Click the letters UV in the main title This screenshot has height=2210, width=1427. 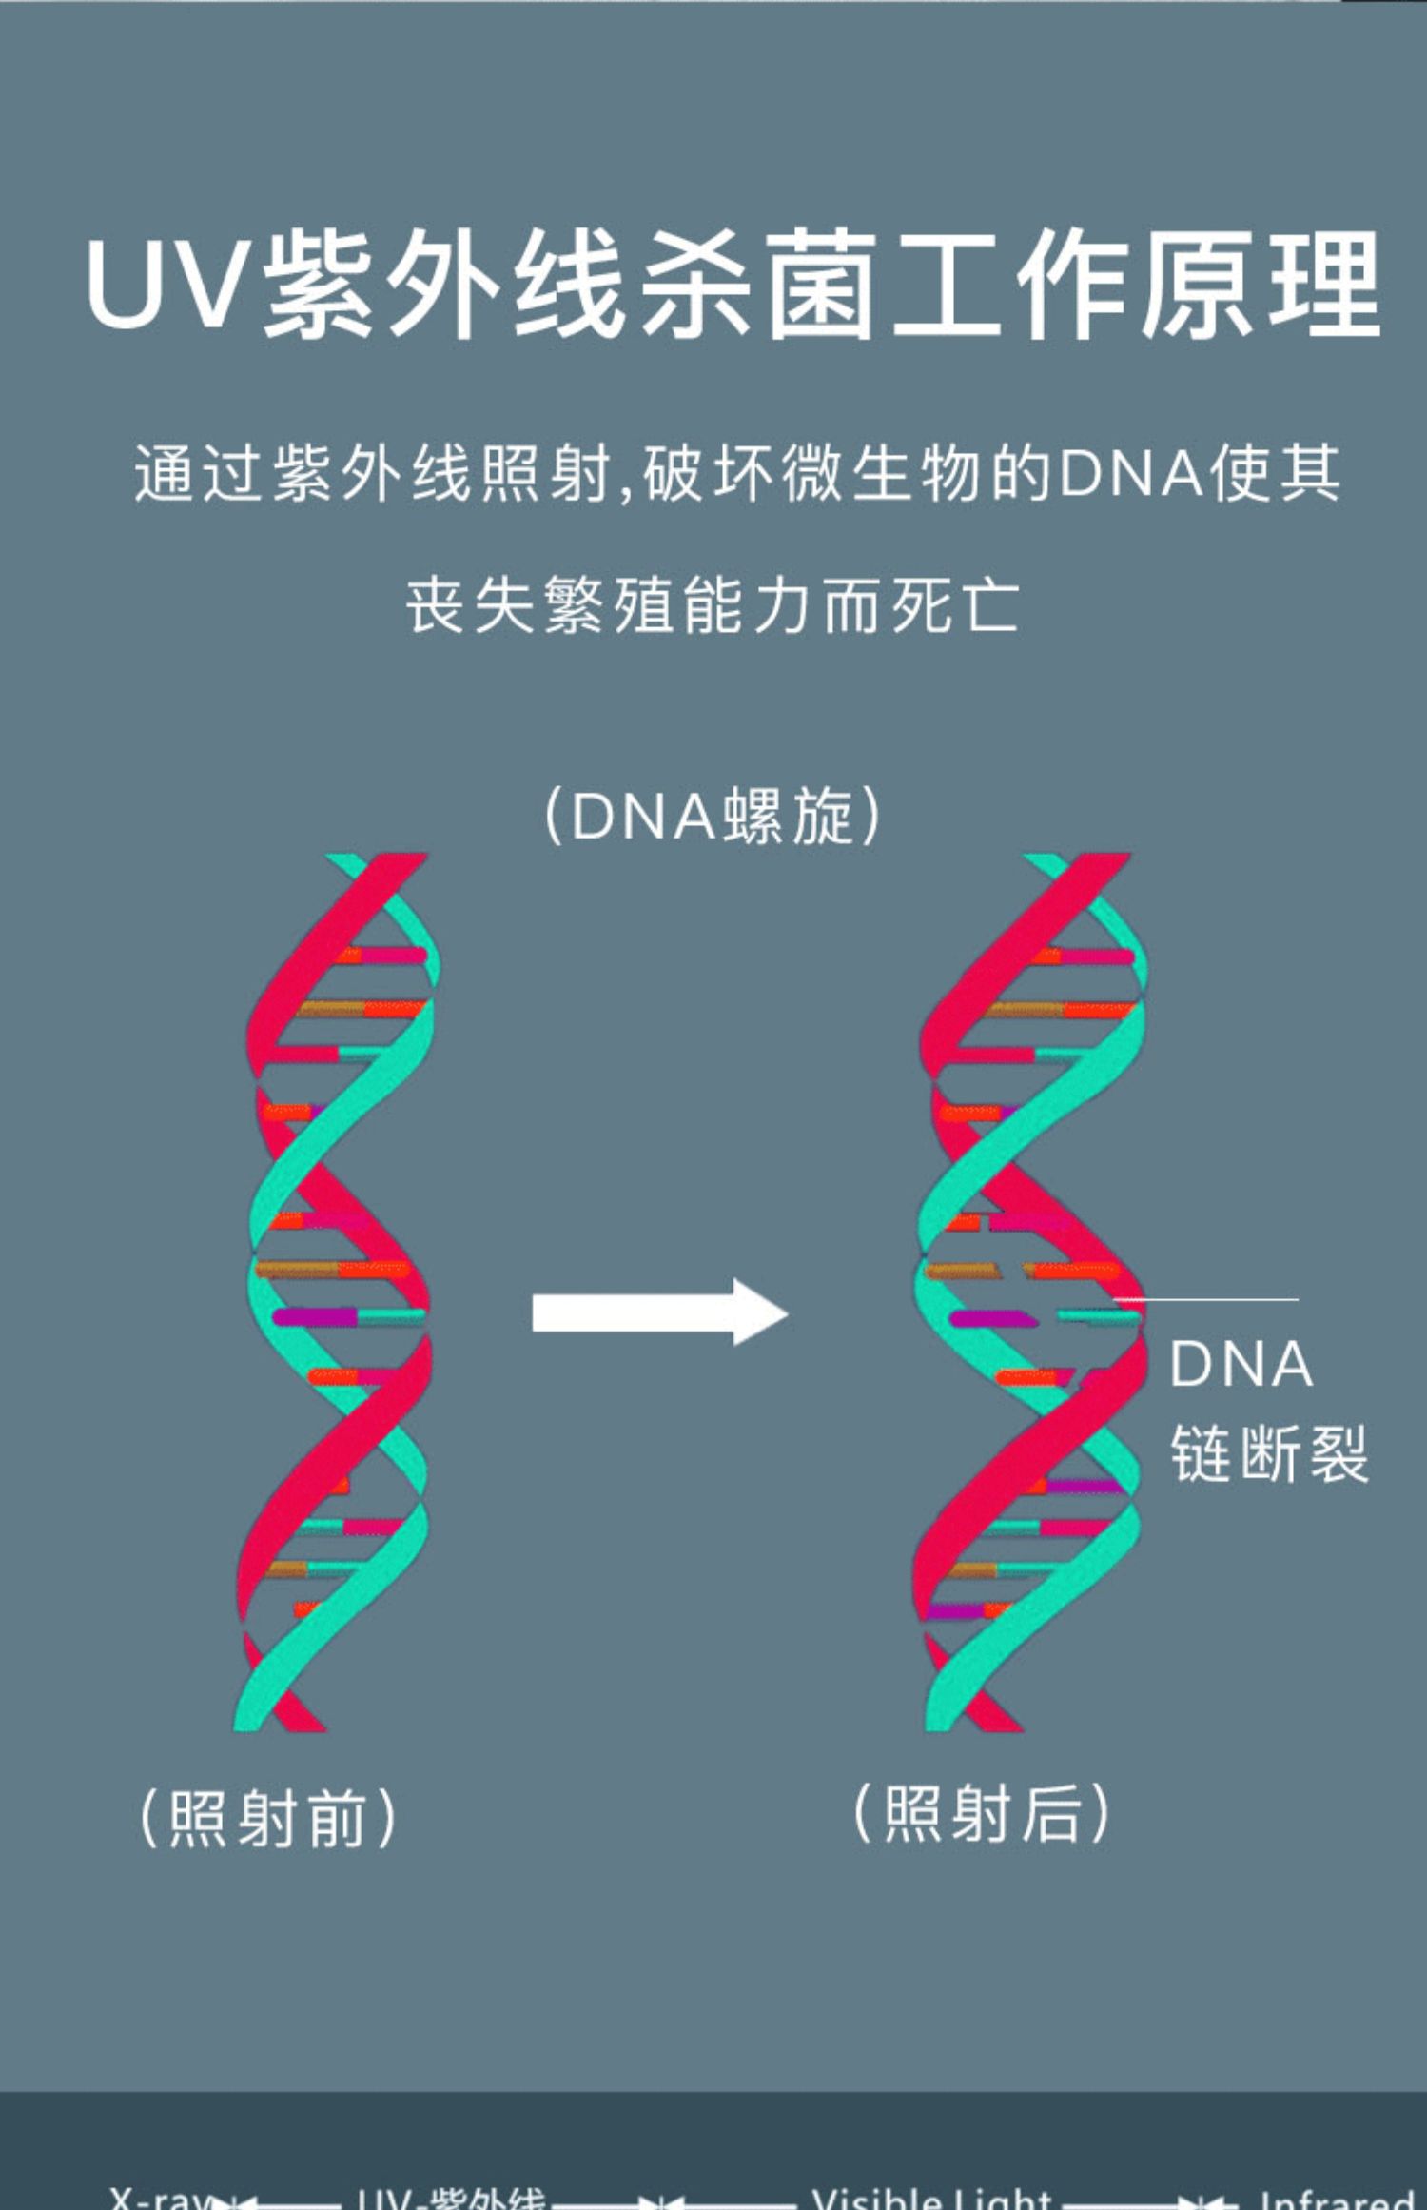[171, 286]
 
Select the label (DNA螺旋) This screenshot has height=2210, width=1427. [713, 816]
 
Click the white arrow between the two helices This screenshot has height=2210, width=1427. [659, 1312]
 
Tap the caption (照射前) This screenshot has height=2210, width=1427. [268, 1819]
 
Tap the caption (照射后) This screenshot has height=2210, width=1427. [982, 1813]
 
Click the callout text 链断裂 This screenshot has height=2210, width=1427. [1269, 1452]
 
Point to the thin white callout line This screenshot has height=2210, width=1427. [1208, 1299]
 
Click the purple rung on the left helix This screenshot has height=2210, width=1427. [315, 1317]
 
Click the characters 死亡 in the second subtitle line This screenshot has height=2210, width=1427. [955, 605]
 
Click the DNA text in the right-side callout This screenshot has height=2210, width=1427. [1241, 1365]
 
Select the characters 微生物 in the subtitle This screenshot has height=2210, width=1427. [881, 473]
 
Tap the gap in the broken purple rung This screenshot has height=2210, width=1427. [1046, 1318]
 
